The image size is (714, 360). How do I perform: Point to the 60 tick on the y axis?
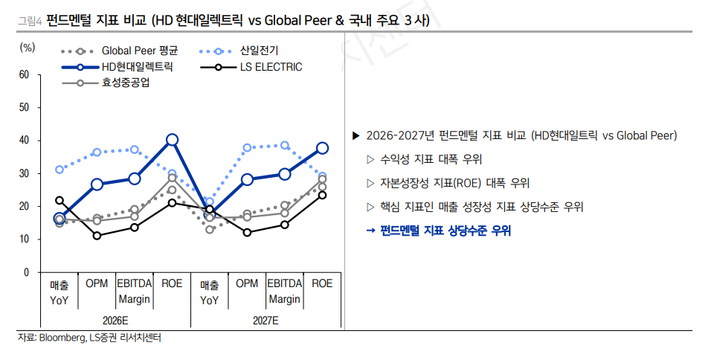click(x=24, y=75)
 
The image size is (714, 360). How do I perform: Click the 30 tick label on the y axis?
click(x=24, y=173)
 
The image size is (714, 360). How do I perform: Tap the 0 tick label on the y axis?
click(x=26, y=272)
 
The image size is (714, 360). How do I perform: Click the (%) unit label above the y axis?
click(x=27, y=48)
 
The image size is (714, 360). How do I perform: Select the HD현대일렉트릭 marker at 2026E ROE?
click(x=173, y=139)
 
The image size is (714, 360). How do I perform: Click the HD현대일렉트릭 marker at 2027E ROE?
click(x=322, y=148)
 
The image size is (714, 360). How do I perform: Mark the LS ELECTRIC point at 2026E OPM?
click(x=97, y=236)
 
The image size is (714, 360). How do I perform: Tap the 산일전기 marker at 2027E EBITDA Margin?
click(x=284, y=146)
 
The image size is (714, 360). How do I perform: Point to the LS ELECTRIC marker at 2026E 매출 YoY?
click(x=59, y=200)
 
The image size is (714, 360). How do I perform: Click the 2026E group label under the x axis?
click(x=116, y=320)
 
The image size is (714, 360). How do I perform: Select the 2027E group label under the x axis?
click(x=266, y=320)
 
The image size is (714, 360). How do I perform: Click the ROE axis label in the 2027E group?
click(x=322, y=283)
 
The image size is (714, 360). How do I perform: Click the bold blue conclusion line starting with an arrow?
click(x=439, y=231)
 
